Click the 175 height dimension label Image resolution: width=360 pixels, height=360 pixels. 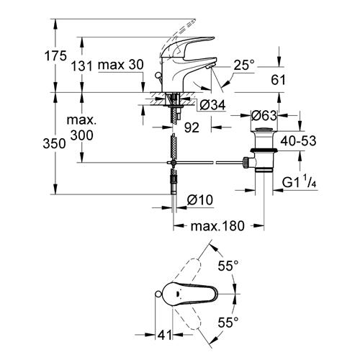(55, 56)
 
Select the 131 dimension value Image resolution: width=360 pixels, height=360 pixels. (81, 66)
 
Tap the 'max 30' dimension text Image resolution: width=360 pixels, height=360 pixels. (121, 65)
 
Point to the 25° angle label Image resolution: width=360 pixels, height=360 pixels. (244, 65)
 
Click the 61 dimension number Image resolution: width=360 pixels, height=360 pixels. (278, 80)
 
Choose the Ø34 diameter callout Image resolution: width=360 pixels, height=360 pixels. (212, 105)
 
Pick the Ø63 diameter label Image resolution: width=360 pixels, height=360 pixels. (264, 116)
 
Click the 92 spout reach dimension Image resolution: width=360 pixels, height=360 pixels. (192, 127)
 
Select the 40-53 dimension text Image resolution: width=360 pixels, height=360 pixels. (298, 140)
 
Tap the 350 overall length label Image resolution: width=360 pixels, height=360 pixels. (54, 144)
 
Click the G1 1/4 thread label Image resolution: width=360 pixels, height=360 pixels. (300, 181)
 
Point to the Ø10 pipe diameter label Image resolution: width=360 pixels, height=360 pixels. (200, 199)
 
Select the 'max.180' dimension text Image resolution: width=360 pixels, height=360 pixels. (217, 226)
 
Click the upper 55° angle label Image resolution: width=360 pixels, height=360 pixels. (228, 266)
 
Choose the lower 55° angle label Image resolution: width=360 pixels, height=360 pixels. (228, 323)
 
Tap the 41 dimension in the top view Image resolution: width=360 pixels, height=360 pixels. (165, 335)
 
